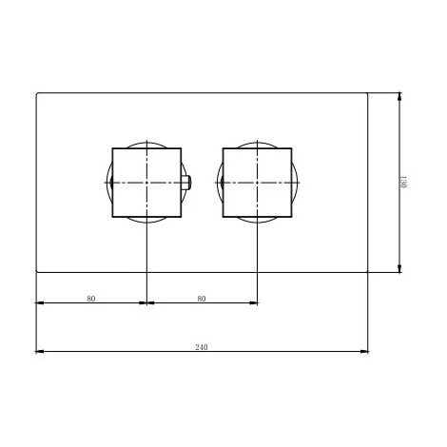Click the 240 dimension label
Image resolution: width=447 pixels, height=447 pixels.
202,347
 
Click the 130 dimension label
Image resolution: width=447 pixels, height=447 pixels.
403,183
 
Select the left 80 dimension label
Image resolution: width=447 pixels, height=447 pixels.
91,299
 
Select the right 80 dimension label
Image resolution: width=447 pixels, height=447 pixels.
202,299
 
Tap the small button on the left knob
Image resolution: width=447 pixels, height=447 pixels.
186,183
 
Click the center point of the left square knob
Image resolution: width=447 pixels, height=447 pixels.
146,183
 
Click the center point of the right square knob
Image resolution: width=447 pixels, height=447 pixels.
257,183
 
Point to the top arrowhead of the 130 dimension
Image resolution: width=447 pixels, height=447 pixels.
399,96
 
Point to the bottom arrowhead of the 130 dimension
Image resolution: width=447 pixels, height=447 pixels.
399,268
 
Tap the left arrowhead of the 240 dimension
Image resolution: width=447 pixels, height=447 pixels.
39,351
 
